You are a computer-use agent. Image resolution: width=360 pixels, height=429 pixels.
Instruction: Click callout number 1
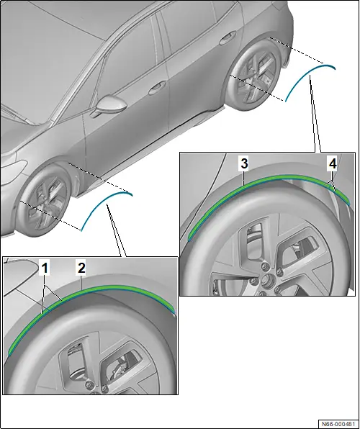45,268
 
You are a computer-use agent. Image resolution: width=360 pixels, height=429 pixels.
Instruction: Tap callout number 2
81,268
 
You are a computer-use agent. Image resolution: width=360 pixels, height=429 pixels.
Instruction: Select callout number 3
244,163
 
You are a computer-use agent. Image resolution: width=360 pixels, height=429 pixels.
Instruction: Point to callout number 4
333,163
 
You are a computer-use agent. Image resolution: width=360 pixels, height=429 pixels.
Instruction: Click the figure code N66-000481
338,424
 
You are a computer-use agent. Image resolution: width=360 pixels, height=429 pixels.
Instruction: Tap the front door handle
156,88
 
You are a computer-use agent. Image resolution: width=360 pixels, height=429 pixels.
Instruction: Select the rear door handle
228,37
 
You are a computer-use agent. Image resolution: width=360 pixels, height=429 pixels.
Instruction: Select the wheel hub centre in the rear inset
265,279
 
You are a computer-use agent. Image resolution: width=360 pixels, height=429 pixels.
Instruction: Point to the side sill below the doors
153,145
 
